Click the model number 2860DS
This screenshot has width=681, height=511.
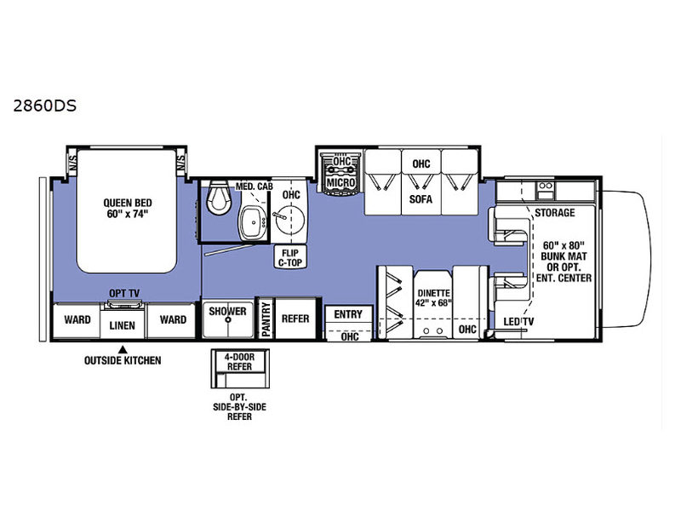45,106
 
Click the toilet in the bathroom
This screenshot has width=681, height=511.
218,198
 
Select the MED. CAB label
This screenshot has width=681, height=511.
254,187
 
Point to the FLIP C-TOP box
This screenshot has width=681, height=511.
290,257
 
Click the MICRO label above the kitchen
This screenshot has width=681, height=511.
341,182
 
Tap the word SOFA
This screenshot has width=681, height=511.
421,199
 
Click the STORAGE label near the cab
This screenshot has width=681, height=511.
555,212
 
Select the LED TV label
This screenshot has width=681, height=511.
518,322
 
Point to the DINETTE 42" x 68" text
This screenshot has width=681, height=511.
433,298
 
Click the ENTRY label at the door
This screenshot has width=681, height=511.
348,314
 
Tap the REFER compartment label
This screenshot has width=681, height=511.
295,319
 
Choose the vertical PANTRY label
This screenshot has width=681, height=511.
266,319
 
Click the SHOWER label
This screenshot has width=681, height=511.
227,311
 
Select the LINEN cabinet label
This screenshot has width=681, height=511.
122,325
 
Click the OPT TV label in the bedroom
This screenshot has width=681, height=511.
124,293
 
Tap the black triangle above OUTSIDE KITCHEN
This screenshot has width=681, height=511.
123,349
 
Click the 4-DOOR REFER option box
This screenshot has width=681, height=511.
240,369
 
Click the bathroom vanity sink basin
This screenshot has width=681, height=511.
253,222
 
